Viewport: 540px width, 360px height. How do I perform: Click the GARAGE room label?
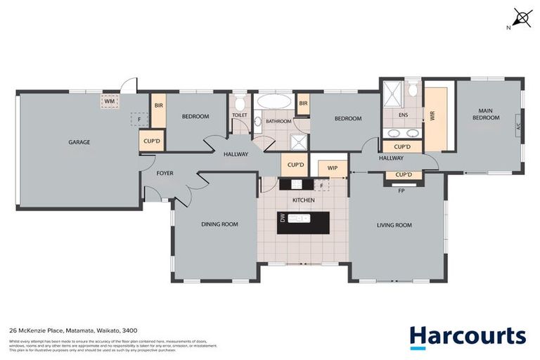pos(79,142)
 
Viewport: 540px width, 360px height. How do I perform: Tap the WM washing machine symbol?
pos(109,101)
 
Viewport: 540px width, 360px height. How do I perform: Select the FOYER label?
pos(165,173)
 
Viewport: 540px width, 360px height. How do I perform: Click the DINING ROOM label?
pos(219,224)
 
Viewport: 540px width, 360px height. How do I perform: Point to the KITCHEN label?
pos(303,200)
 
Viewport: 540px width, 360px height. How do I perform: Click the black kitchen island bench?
pos(303,221)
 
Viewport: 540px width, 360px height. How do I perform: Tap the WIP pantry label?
pos(333,169)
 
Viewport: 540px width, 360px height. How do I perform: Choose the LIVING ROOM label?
pos(394,225)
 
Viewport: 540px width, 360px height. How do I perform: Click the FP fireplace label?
pos(401,191)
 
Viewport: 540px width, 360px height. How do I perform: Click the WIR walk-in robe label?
pos(433,116)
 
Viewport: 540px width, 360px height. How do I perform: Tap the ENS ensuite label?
pos(403,115)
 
